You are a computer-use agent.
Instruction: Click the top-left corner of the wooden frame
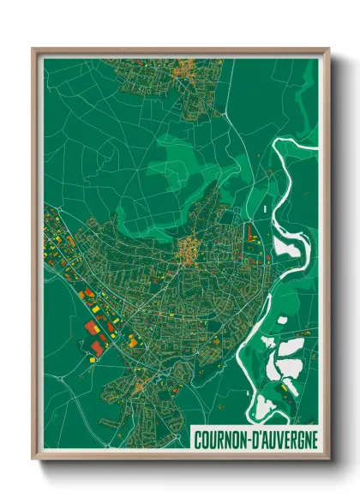point(33,49)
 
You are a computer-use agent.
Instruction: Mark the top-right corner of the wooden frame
point(327,49)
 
